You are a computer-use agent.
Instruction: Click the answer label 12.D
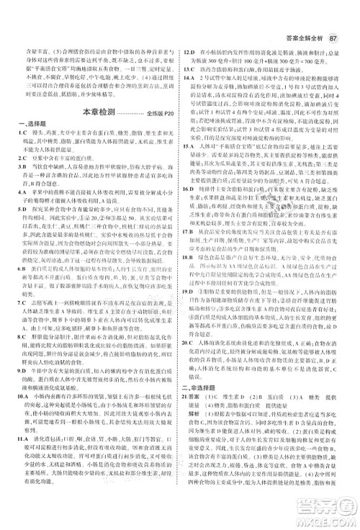pyautogui.click(x=191, y=53)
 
